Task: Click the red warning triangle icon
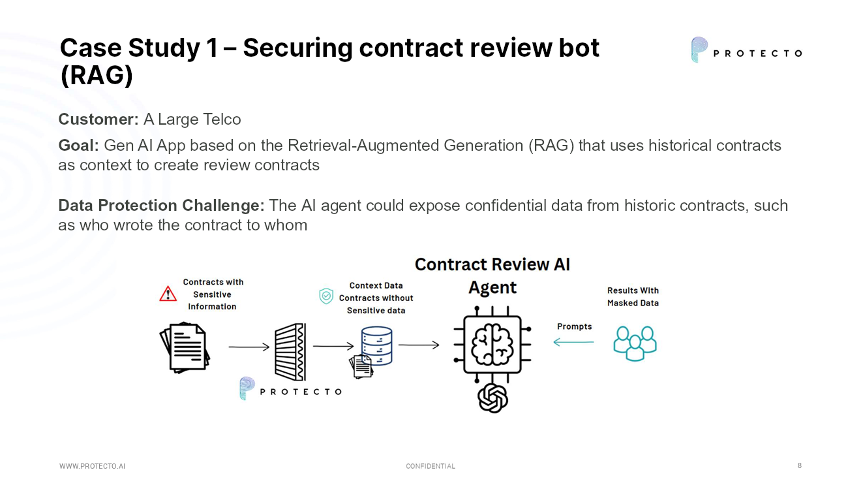coord(168,294)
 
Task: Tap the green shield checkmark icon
coord(326,297)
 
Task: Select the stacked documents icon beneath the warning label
coord(185,348)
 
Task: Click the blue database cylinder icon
coord(377,346)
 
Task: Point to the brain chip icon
coord(492,345)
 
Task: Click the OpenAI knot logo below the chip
coord(492,398)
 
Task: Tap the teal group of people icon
coord(635,343)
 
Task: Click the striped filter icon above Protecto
coord(290,352)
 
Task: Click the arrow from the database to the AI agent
coord(418,345)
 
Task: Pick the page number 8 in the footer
coord(800,465)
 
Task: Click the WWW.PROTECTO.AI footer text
coord(92,466)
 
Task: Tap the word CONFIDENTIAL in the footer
coord(430,466)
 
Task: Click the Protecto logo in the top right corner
coord(746,50)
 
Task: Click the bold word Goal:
coord(78,145)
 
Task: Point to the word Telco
coord(222,119)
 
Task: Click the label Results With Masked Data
coord(633,297)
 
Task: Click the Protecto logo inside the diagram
coord(290,390)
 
